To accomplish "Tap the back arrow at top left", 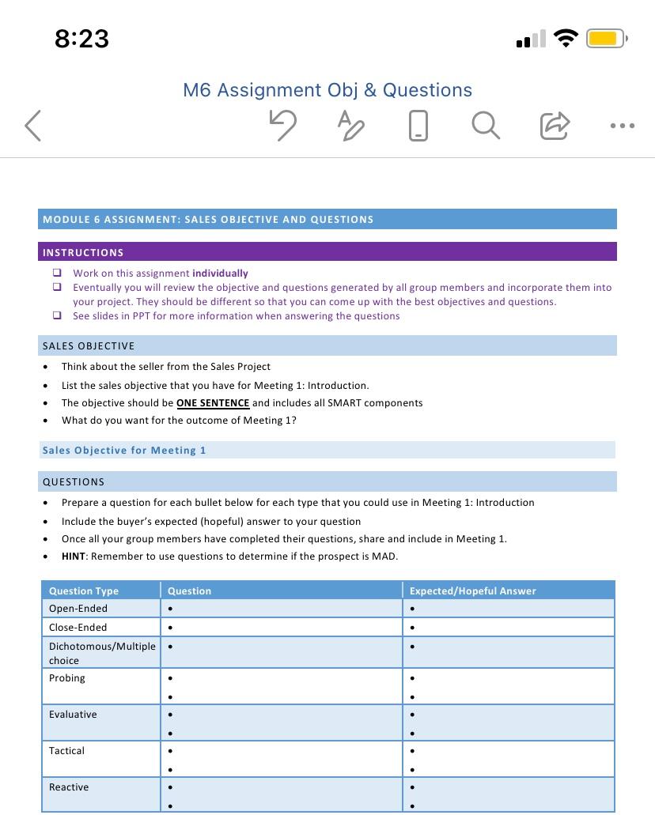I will tap(33, 126).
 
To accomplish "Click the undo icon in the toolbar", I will tap(282, 125).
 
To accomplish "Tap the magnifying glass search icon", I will tap(485, 125).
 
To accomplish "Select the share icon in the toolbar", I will tap(554, 125).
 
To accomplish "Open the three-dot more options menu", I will tap(623, 126).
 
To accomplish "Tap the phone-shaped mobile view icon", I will tap(418, 125).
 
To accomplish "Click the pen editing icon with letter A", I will tap(350, 125).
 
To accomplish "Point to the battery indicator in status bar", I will tap(606, 39).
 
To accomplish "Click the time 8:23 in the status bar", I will tap(81, 39).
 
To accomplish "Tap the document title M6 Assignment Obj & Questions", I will tap(327, 90).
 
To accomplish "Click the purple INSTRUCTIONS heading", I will tap(83, 253).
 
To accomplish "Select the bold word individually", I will tap(220, 274).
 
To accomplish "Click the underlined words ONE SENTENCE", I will tap(213, 403).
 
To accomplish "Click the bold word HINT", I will tap(74, 557).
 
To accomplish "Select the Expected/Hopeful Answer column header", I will tap(472, 591).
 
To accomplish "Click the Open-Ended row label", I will tap(78, 609).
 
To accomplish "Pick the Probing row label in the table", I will tap(67, 678).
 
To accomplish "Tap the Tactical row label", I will tap(66, 751).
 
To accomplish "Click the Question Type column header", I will tap(84, 591).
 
